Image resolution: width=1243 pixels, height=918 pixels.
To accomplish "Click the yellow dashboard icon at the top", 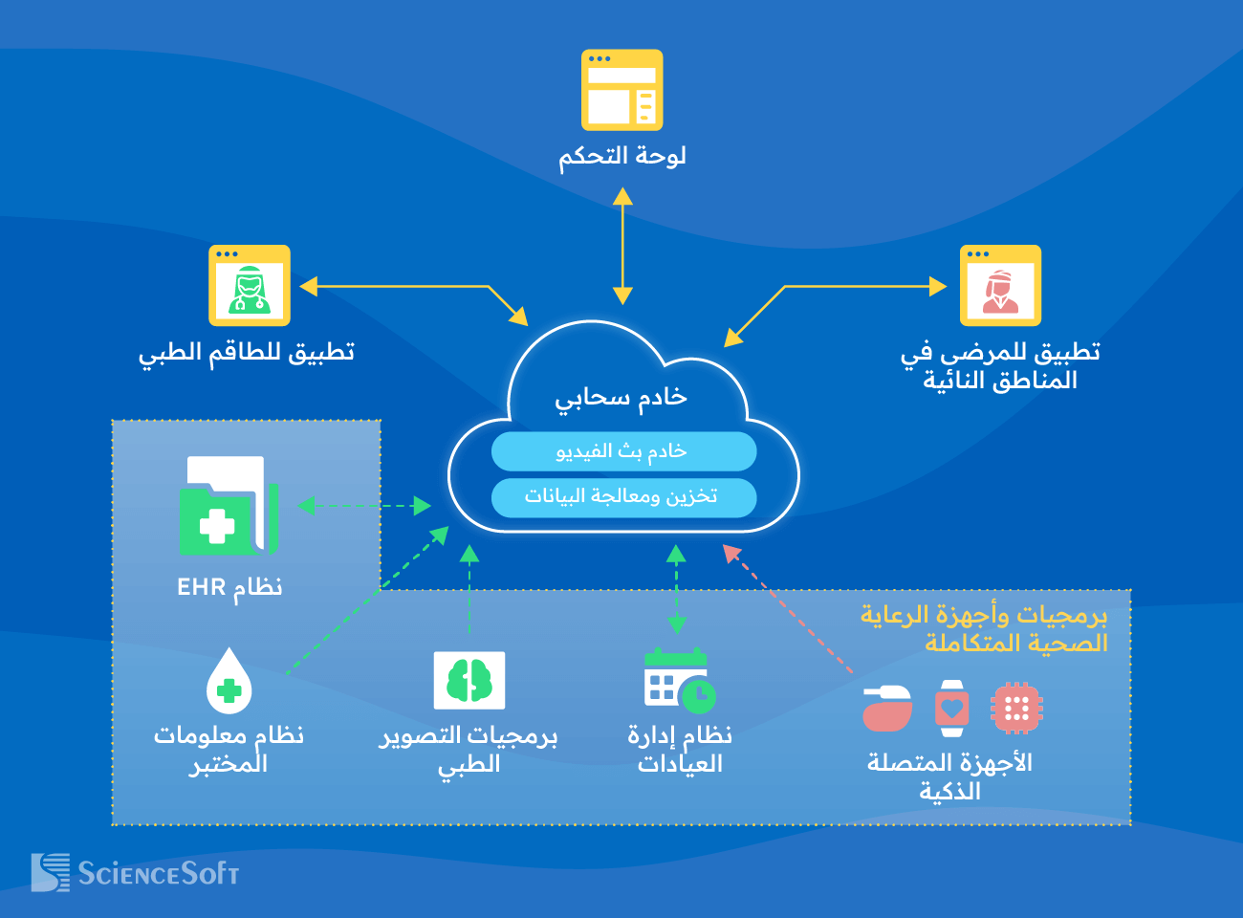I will (621, 90).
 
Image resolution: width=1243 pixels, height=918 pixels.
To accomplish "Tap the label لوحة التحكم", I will (621, 156).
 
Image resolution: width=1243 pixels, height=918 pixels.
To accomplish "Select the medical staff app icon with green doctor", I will (250, 286).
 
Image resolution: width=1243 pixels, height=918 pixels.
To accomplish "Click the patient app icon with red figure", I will (1000, 286).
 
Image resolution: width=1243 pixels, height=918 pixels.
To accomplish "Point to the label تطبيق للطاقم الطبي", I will (247, 353).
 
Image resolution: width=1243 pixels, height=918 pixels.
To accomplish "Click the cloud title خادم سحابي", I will (621, 398).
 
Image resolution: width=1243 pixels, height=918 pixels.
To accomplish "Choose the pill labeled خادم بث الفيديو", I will (623, 451).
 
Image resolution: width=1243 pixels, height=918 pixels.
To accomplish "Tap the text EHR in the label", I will (201, 587).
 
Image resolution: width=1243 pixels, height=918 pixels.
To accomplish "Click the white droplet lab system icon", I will (229, 681).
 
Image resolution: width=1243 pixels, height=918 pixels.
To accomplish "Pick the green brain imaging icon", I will (469, 681).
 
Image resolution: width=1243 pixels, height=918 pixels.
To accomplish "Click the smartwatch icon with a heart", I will (951, 709).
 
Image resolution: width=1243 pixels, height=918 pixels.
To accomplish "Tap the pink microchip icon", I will (1015, 709).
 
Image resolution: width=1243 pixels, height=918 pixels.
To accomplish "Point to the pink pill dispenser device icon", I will (886, 709).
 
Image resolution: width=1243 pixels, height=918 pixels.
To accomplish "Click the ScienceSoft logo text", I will (158, 873).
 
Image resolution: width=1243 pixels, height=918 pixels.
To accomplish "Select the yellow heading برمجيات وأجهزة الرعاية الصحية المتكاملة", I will (985, 628).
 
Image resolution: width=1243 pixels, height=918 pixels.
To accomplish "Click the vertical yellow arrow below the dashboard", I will (622, 246).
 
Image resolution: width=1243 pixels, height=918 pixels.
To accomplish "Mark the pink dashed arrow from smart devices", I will (788, 609).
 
